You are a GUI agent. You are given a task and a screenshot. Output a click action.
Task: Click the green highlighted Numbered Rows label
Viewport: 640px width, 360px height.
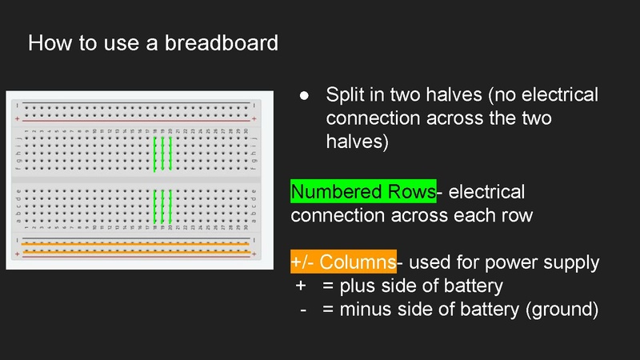coord(362,192)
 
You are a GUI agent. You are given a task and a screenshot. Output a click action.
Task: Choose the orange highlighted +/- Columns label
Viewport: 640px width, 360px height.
coord(343,262)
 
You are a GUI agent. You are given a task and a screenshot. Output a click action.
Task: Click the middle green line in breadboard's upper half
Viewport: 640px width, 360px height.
coord(162,154)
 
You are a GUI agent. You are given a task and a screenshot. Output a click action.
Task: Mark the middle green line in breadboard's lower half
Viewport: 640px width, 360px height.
coord(162,206)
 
